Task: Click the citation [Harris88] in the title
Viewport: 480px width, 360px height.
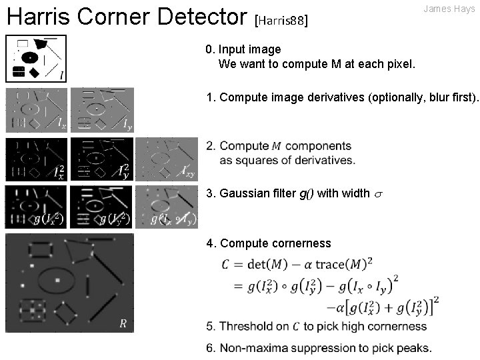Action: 281,21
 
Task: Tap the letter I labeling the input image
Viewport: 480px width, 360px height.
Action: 61,75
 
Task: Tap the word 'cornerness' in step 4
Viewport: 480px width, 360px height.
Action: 301,243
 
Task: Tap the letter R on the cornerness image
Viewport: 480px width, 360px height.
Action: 122,324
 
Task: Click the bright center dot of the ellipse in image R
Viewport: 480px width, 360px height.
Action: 58,279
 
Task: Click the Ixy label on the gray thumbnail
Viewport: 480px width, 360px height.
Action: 189,172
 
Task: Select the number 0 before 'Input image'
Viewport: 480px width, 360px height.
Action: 209,49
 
